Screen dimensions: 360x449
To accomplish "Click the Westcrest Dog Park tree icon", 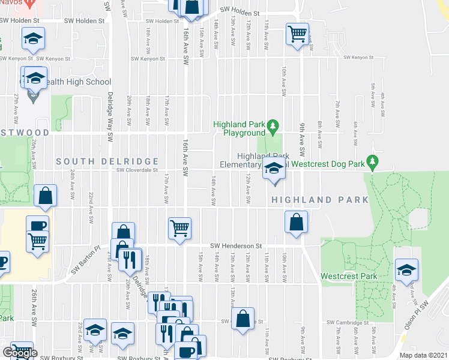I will point(372,162).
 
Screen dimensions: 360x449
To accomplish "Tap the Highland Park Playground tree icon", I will point(274,125).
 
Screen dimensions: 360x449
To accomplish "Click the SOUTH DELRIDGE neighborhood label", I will point(107,161).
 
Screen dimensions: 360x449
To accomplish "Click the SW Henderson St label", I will point(237,246).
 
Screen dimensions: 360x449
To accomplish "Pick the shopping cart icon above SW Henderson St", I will point(179,228).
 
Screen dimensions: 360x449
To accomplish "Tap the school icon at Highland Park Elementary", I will point(274,170).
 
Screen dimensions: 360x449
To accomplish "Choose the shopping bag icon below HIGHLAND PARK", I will point(297,222).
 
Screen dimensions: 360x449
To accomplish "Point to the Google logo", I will point(20,353).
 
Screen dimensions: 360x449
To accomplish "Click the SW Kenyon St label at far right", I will point(358,58).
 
